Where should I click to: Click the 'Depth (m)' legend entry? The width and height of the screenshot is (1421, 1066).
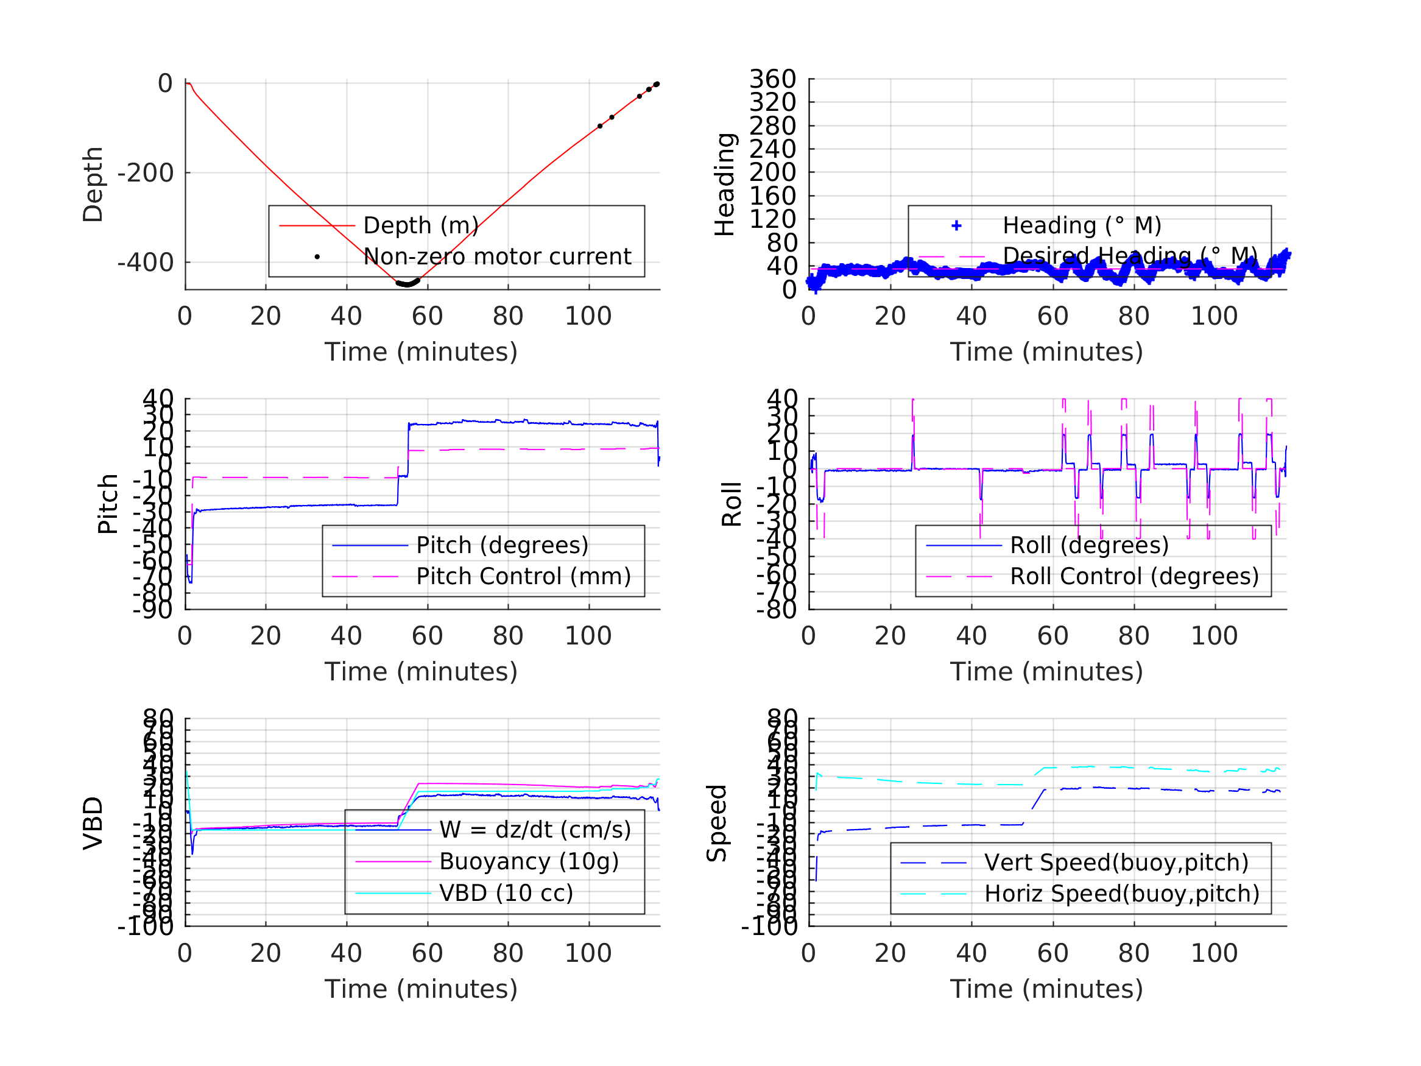(x=421, y=225)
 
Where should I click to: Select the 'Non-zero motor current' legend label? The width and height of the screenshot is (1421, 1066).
(x=497, y=256)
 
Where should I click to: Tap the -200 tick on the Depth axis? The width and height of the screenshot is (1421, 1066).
(x=145, y=173)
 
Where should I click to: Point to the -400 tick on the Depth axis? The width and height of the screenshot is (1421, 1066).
(x=145, y=263)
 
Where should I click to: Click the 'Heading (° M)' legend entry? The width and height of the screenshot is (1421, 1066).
(x=1082, y=225)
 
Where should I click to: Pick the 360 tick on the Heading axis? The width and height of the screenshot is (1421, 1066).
(x=772, y=79)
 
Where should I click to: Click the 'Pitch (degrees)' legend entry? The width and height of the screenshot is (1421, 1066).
(x=502, y=546)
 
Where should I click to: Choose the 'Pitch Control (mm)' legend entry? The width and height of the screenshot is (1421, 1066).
(x=524, y=576)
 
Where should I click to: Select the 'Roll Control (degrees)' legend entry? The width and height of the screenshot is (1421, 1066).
(x=1135, y=576)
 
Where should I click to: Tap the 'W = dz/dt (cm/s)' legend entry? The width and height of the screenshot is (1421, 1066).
(x=535, y=830)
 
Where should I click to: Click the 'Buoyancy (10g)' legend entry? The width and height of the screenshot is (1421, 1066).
(x=529, y=862)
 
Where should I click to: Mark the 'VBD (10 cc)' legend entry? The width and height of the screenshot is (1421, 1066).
(x=506, y=893)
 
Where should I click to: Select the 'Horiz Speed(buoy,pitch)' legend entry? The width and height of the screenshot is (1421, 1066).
(x=1122, y=894)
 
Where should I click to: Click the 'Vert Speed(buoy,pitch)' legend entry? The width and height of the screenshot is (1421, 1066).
(x=1116, y=863)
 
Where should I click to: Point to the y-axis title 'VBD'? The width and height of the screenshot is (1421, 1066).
(x=93, y=823)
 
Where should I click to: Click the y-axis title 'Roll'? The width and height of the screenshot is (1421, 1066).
(x=732, y=504)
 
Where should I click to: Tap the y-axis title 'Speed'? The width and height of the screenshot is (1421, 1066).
(x=716, y=823)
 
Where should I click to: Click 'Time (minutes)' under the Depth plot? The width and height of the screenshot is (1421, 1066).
(x=421, y=352)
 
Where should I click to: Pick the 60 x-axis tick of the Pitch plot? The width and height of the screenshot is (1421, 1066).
(x=427, y=636)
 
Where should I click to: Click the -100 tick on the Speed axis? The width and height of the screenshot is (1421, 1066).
(x=769, y=927)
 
